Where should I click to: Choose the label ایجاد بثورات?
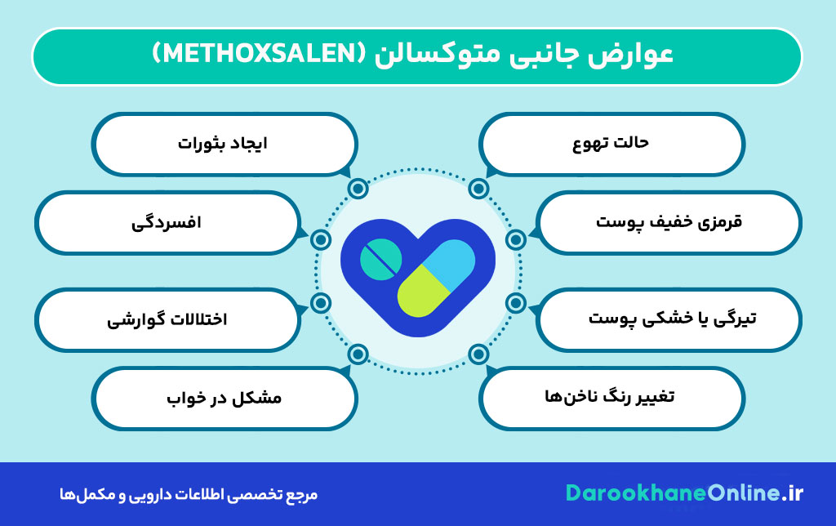(x=222, y=143)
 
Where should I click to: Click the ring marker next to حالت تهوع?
(x=478, y=189)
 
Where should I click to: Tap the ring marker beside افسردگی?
(x=321, y=239)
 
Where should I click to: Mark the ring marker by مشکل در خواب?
(x=357, y=354)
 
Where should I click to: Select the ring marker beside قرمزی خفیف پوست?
(x=514, y=239)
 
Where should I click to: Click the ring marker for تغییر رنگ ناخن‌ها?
(x=478, y=354)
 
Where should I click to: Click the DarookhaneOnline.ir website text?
(x=684, y=494)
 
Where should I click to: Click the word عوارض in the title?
(x=637, y=56)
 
